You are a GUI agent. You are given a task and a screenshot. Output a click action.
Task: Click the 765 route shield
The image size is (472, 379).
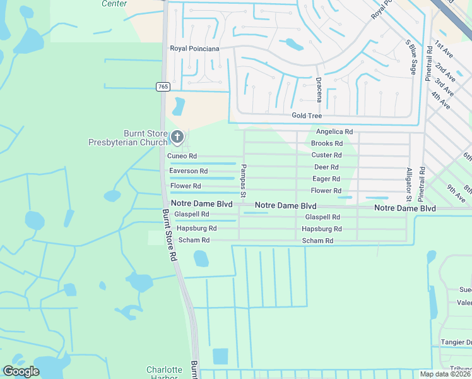tap(163, 87)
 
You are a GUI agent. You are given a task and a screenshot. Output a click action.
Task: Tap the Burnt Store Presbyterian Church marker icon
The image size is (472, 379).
tap(178, 136)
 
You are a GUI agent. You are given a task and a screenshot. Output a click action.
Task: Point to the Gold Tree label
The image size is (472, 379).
tap(307, 116)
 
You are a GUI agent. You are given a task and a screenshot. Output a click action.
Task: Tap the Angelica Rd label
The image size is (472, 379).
tap(334, 131)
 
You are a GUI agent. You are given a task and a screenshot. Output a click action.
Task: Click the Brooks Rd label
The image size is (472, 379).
tap(327, 143)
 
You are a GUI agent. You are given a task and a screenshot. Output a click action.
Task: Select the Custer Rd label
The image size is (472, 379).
tap(327, 155)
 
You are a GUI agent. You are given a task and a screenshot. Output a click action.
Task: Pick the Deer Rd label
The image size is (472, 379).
tap(327, 167)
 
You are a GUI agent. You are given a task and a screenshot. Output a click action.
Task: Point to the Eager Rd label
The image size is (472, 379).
tap(327, 179)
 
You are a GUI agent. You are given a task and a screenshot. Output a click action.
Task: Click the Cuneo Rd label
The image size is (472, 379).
tap(182, 156)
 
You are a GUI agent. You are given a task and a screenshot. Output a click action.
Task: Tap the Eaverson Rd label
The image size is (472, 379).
tap(188, 171)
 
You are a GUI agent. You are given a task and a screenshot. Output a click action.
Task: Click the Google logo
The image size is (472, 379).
tap(21, 371)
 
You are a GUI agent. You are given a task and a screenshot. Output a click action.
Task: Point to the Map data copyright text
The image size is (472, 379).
tap(444, 374)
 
